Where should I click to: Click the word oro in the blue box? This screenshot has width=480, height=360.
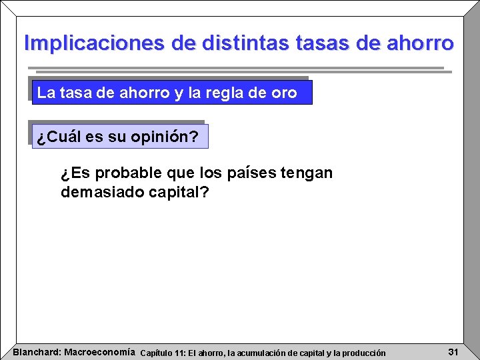284,93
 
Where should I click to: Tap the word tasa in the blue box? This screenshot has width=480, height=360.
76,93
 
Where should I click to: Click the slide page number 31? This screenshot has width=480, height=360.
453,351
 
